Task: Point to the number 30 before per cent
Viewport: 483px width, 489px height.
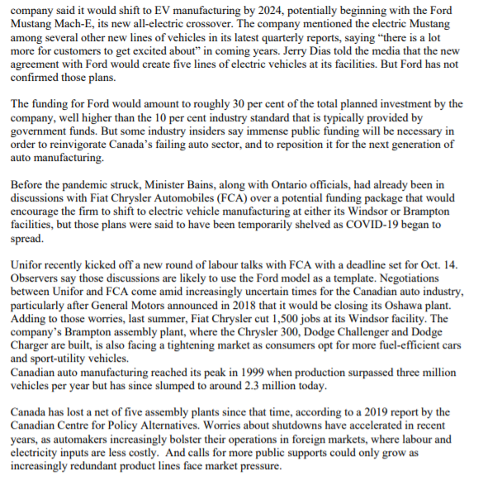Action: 239,103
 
